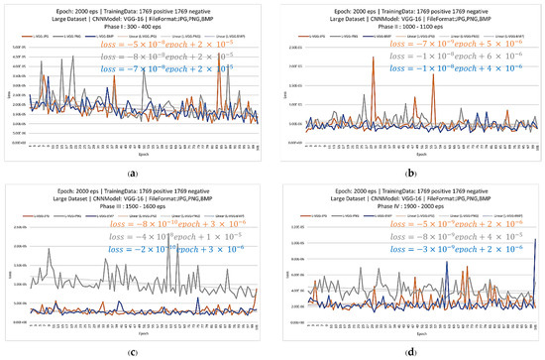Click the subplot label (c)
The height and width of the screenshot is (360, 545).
(x=132, y=350)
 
